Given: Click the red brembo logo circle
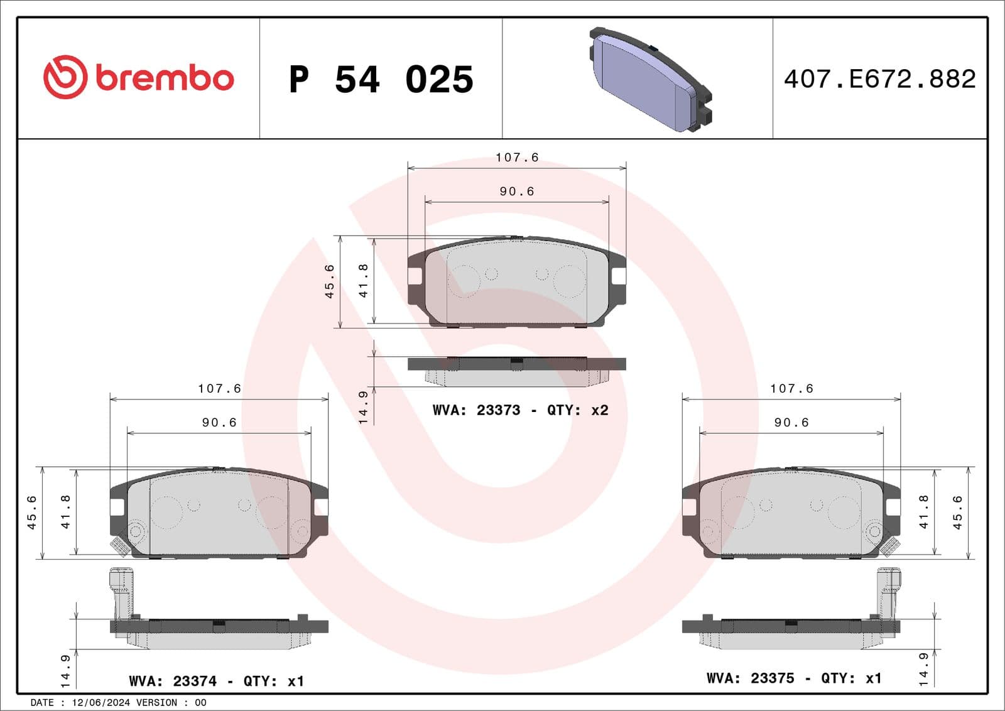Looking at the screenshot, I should (65, 77).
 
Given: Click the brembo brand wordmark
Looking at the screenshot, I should (165, 79).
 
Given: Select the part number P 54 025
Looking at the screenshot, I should (381, 80).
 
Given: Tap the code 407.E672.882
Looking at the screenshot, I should (879, 79).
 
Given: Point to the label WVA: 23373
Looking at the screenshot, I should (476, 410).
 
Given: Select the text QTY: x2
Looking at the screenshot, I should (577, 410).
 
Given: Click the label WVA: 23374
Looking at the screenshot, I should (173, 681).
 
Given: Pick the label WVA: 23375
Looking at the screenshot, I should (751, 678).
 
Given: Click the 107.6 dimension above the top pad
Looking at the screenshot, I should (517, 158).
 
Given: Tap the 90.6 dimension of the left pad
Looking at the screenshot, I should (219, 423).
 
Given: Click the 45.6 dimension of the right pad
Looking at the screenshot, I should (957, 513).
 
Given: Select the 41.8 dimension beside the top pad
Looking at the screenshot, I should (363, 280).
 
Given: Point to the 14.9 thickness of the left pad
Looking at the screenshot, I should (65, 671).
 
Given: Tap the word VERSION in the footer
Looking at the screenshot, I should (156, 703).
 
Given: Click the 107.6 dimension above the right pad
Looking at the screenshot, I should (791, 389).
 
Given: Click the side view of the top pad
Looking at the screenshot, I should (516, 371).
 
